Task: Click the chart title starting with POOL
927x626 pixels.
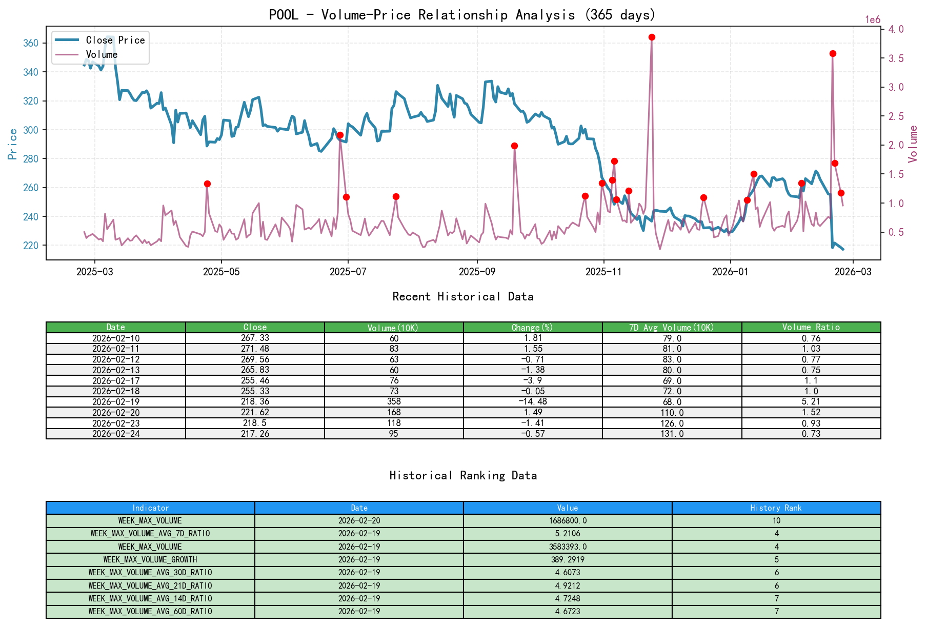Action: tap(462, 14)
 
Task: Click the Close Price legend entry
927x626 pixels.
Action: tap(115, 40)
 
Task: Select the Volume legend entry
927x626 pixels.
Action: tap(102, 54)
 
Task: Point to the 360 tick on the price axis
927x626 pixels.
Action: tap(31, 43)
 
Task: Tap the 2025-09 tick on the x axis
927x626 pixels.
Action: tap(477, 272)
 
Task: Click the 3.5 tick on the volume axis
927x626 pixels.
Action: tap(896, 58)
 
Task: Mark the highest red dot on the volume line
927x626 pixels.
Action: tap(652, 37)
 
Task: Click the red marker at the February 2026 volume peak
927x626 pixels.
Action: tap(833, 53)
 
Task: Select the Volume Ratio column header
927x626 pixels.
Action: tap(811, 327)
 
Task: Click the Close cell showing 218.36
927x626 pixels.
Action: tap(255, 401)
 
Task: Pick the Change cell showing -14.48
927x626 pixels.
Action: tap(533, 401)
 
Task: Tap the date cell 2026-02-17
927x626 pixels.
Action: tap(116, 380)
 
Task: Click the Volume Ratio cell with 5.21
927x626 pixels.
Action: tap(811, 401)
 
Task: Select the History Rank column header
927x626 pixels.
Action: tap(776, 508)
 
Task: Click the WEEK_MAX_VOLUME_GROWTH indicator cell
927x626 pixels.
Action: tap(150, 559)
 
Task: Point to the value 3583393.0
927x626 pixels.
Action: tap(568, 547)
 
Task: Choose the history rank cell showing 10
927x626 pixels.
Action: tap(776, 520)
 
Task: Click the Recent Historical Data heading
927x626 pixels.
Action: tap(462, 296)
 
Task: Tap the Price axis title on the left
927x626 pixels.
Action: tap(13, 144)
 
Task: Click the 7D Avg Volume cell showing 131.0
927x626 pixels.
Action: tap(672, 434)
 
